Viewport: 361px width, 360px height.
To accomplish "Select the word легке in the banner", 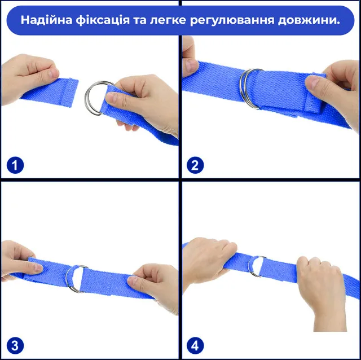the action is pyautogui.click(x=168, y=20).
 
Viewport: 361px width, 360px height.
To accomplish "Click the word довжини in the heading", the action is pyautogui.click(x=309, y=20).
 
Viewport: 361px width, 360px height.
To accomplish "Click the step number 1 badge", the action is pyautogui.click(x=15, y=165).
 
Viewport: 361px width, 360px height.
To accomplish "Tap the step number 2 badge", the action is pyautogui.click(x=195, y=165).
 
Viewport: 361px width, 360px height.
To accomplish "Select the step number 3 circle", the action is pyautogui.click(x=15, y=345).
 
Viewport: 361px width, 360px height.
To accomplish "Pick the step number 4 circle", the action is pyautogui.click(x=195, y=345).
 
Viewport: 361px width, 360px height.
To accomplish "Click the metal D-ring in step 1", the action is pyautogui.click(x=87, y=98).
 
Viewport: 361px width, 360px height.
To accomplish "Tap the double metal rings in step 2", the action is pyautogui.click(x=244, y=89).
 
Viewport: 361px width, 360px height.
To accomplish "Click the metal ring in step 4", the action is pyautogui.click(x=249, y=267).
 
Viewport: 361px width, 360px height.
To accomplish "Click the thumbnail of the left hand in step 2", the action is pyautogui.click(x=191, y=66).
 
